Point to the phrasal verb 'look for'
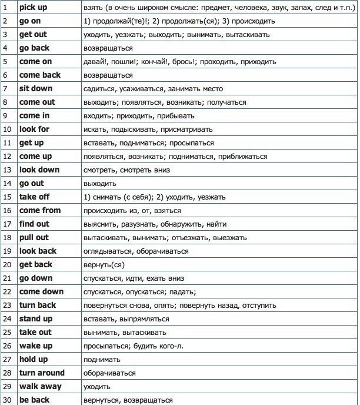point(34,130)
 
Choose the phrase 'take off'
point(34,197)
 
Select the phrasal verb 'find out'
point(34,224)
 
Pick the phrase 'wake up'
point(35,346)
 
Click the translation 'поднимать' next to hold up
point(103,360)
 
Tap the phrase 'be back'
point(34,400)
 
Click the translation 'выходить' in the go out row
point(101,184)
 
